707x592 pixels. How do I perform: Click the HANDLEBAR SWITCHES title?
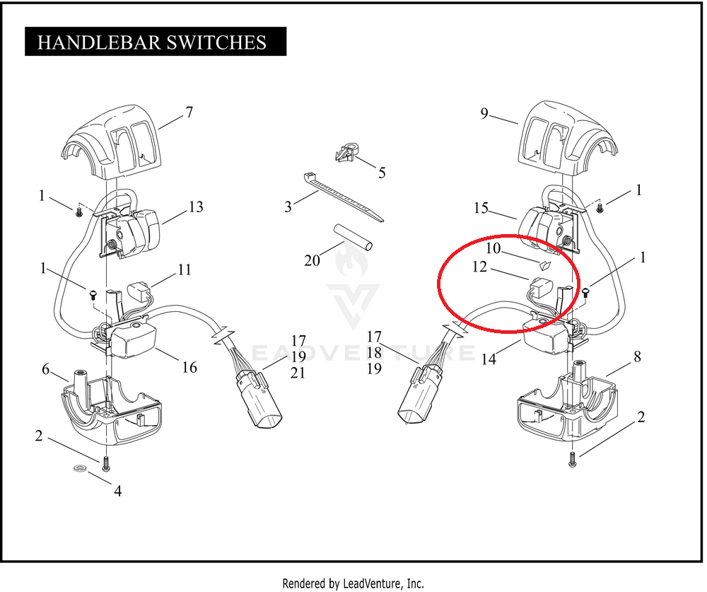[x=152, y=42]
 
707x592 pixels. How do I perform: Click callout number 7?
[x=189, y=112]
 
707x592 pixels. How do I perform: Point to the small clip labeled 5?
[x=346, y=154]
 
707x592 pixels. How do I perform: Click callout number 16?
[x=189, y=367]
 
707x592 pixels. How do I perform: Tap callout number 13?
[x=196, y=207]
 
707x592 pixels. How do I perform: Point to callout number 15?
[x=481, y=208]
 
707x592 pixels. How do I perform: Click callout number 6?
[x=46, y=369]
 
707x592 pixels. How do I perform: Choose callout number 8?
[x=637, y=357]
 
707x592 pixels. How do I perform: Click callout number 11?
[x=185, y=269]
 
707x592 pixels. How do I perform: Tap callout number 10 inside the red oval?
[x=492, y=248]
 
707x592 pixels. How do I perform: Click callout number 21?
[x=298, y=373]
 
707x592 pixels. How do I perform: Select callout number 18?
[x=374, y=352]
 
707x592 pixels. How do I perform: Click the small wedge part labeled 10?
[x=545, y=266]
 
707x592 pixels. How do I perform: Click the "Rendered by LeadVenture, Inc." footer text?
[x=353, y=584]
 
